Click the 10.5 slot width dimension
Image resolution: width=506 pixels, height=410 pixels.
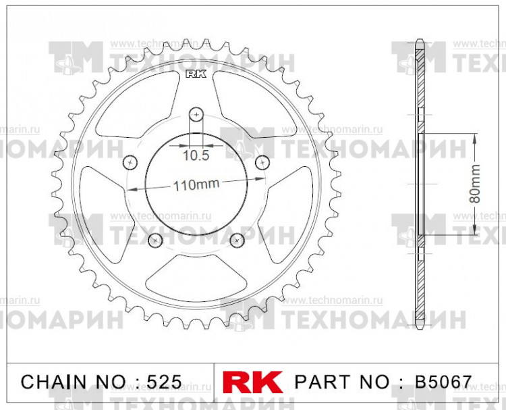(x=196, y=155)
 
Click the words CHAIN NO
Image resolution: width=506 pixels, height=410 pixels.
(x=71, y=382)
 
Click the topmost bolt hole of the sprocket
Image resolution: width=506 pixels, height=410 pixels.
(x=196, y=113)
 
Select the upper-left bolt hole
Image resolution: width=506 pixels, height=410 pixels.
(x=130, y=161)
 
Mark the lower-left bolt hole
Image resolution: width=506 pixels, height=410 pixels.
(x=155, y=239)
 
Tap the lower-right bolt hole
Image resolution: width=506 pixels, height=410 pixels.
(x=236, y=239)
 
